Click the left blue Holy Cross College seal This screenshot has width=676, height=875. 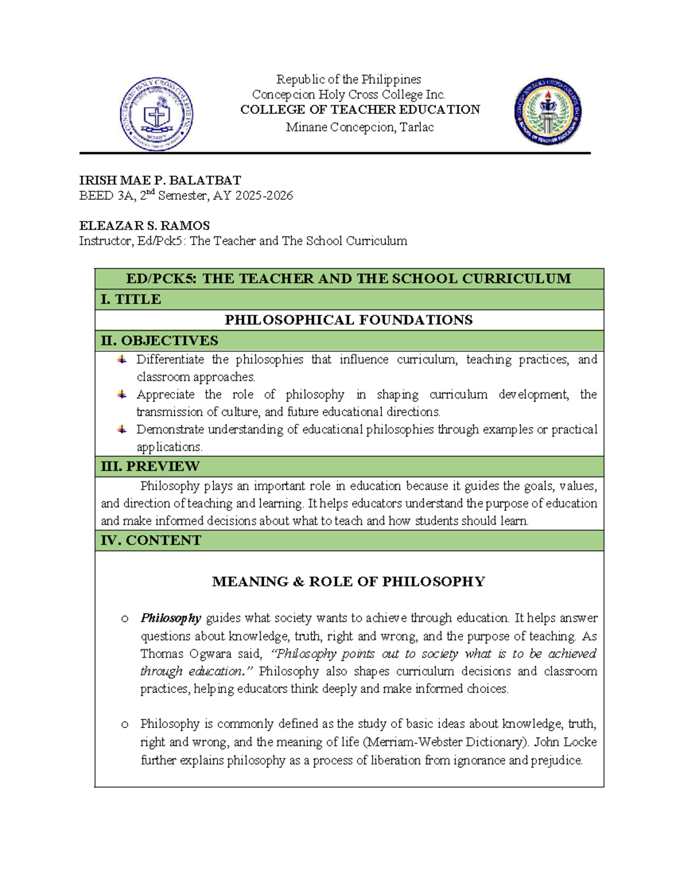156,114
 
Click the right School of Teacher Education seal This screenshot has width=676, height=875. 548,112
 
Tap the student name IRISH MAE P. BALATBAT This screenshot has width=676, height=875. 160,180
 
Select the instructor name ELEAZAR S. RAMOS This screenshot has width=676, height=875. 144,226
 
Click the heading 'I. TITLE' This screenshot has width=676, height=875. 131,299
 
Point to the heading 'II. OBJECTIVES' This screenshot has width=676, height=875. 159,341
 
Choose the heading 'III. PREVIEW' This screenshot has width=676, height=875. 150,467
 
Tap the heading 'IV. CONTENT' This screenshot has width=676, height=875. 150,540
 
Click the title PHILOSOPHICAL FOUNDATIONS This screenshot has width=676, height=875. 349,320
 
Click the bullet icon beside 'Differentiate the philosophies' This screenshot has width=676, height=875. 122,359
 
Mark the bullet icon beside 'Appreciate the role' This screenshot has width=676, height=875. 122,394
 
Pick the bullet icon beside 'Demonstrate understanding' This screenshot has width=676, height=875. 122,429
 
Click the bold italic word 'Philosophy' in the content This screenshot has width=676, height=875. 171,618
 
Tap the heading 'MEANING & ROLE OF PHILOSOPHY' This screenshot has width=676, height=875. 348,581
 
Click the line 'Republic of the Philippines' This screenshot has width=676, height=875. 348,79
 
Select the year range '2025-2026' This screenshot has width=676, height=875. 264,196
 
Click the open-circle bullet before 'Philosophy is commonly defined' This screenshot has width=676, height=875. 124,724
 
